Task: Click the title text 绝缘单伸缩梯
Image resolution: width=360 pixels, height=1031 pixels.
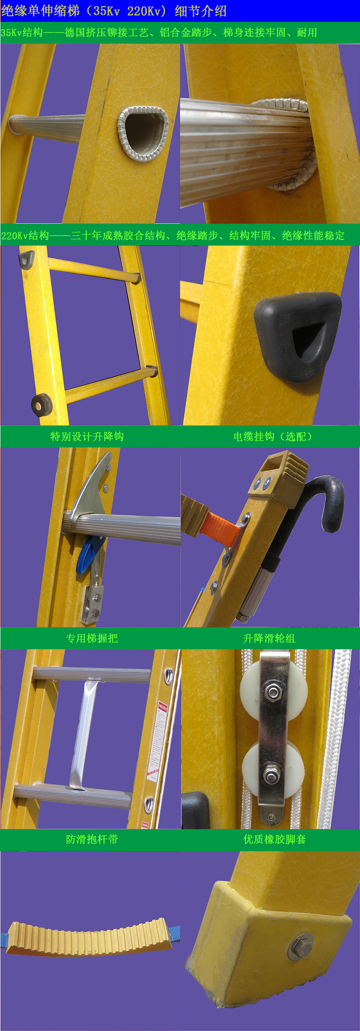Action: point(41,11)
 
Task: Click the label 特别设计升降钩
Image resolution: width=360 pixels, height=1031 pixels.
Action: point(87,436)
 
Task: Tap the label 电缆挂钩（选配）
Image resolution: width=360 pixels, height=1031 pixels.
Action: point(273,436)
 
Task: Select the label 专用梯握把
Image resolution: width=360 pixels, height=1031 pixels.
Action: point(91,638)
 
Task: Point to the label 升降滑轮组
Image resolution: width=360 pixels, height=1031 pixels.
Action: point(269,638)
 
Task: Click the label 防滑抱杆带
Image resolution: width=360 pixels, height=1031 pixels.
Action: point(92,839)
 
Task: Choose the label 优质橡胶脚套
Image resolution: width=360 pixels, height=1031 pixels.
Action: point(274,839)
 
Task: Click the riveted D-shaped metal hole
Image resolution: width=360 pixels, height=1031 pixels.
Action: point(142,132)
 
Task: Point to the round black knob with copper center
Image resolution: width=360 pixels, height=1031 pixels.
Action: point(41,404)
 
